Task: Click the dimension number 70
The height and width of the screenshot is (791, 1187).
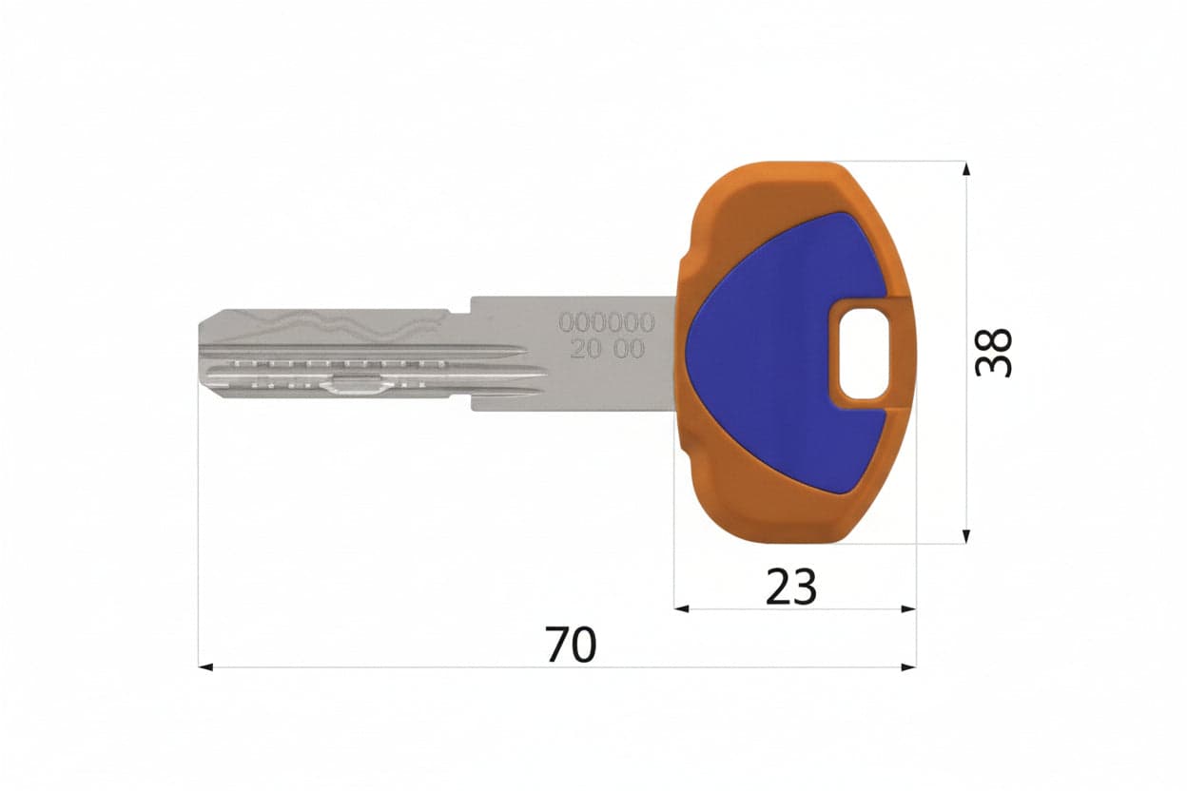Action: [571, 645]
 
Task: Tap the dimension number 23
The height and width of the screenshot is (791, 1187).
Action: [791, 587]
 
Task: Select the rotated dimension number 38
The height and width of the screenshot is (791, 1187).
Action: [993, 353]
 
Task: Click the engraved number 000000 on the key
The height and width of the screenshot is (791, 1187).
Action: [607, 322]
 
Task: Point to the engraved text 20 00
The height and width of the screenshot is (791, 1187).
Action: [607, 349]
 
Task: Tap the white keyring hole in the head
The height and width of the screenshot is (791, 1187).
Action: [864, 354]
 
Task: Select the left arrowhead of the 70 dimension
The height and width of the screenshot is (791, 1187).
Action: [205, 667]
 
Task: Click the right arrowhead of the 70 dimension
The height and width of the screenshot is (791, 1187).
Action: [909, 667]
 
